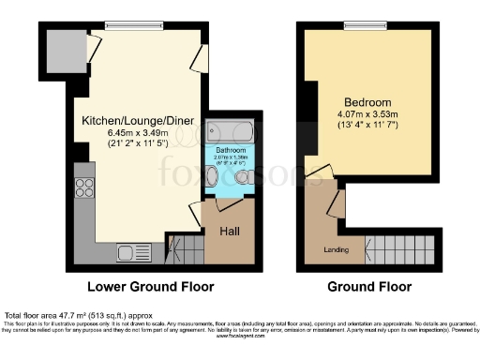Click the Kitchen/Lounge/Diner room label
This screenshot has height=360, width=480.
click(127, 122)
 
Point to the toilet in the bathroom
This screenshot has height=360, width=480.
click(243, 175)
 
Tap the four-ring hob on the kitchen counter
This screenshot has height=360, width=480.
click(84, 187)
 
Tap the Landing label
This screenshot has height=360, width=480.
click(337, 249)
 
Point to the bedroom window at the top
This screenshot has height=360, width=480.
click(367, 22)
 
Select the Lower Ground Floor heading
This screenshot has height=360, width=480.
click(150, 286)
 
